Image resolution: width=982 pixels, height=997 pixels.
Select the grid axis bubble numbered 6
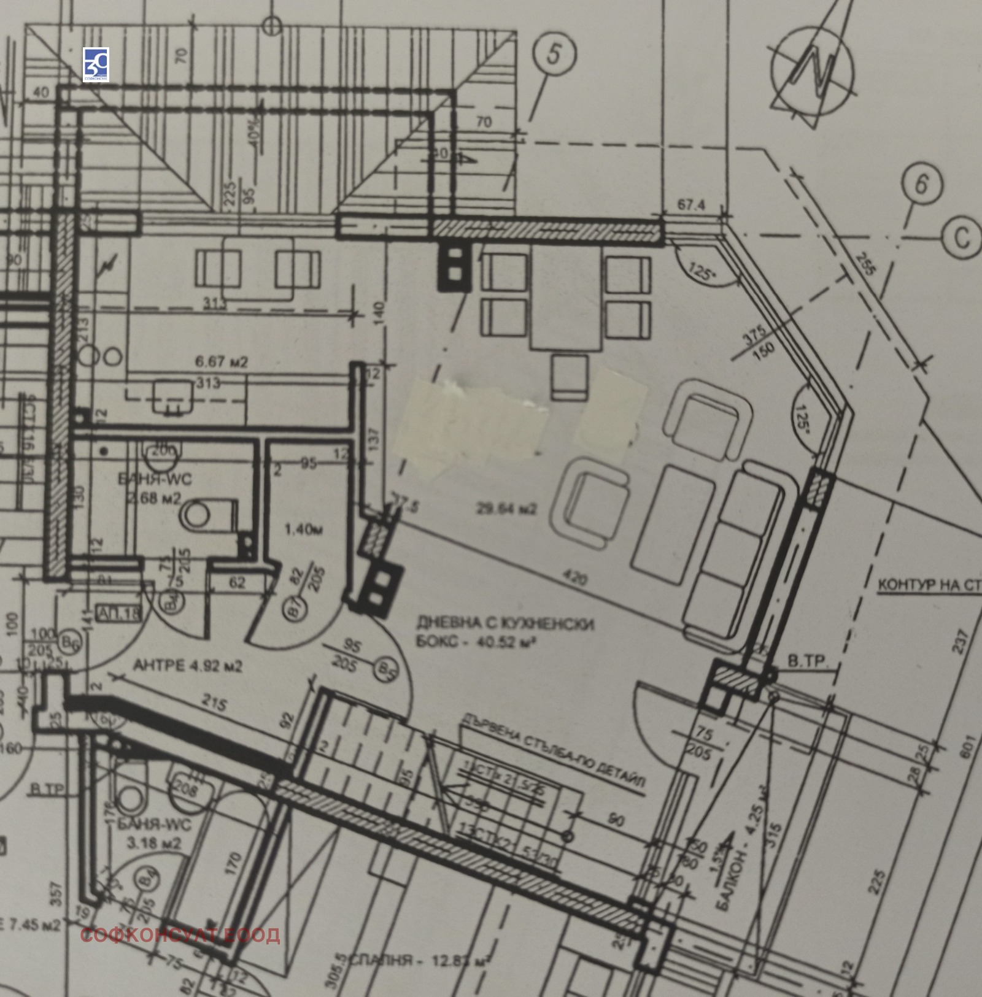pos(921,184)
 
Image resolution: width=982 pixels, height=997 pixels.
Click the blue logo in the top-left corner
pos(96,64)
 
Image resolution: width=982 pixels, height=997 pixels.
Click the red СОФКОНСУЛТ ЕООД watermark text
pos(180,934)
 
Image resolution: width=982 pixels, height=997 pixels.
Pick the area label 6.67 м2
pos(221,363)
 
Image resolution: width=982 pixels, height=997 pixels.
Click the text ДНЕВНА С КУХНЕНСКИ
pos(505,624)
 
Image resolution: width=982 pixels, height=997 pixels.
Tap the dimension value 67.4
pos(691,206)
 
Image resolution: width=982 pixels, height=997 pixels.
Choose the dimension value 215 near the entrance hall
pos(213,701)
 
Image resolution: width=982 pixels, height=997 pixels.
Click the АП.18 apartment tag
pos(118,613)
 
